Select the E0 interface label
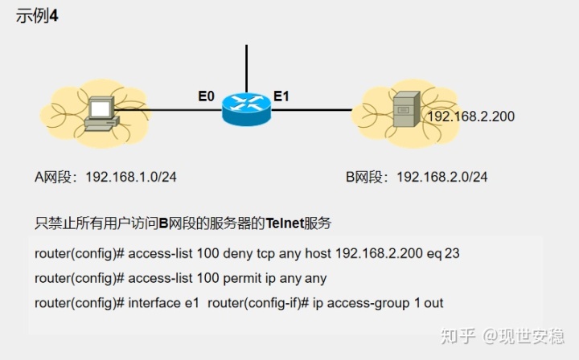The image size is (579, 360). coord(207,96)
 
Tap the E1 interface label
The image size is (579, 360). coord(281,96)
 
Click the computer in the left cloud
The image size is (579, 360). coord(101,115)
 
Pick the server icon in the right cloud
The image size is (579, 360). coord(404,112)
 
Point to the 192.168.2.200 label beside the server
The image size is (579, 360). coord(470,117)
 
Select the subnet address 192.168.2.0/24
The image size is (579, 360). coord(441,177)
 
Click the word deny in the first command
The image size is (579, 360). coord(229,254)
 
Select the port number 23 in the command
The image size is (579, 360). coord(452,254)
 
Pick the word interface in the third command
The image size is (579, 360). coord(155,304)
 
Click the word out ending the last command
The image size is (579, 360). coord(433,304)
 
